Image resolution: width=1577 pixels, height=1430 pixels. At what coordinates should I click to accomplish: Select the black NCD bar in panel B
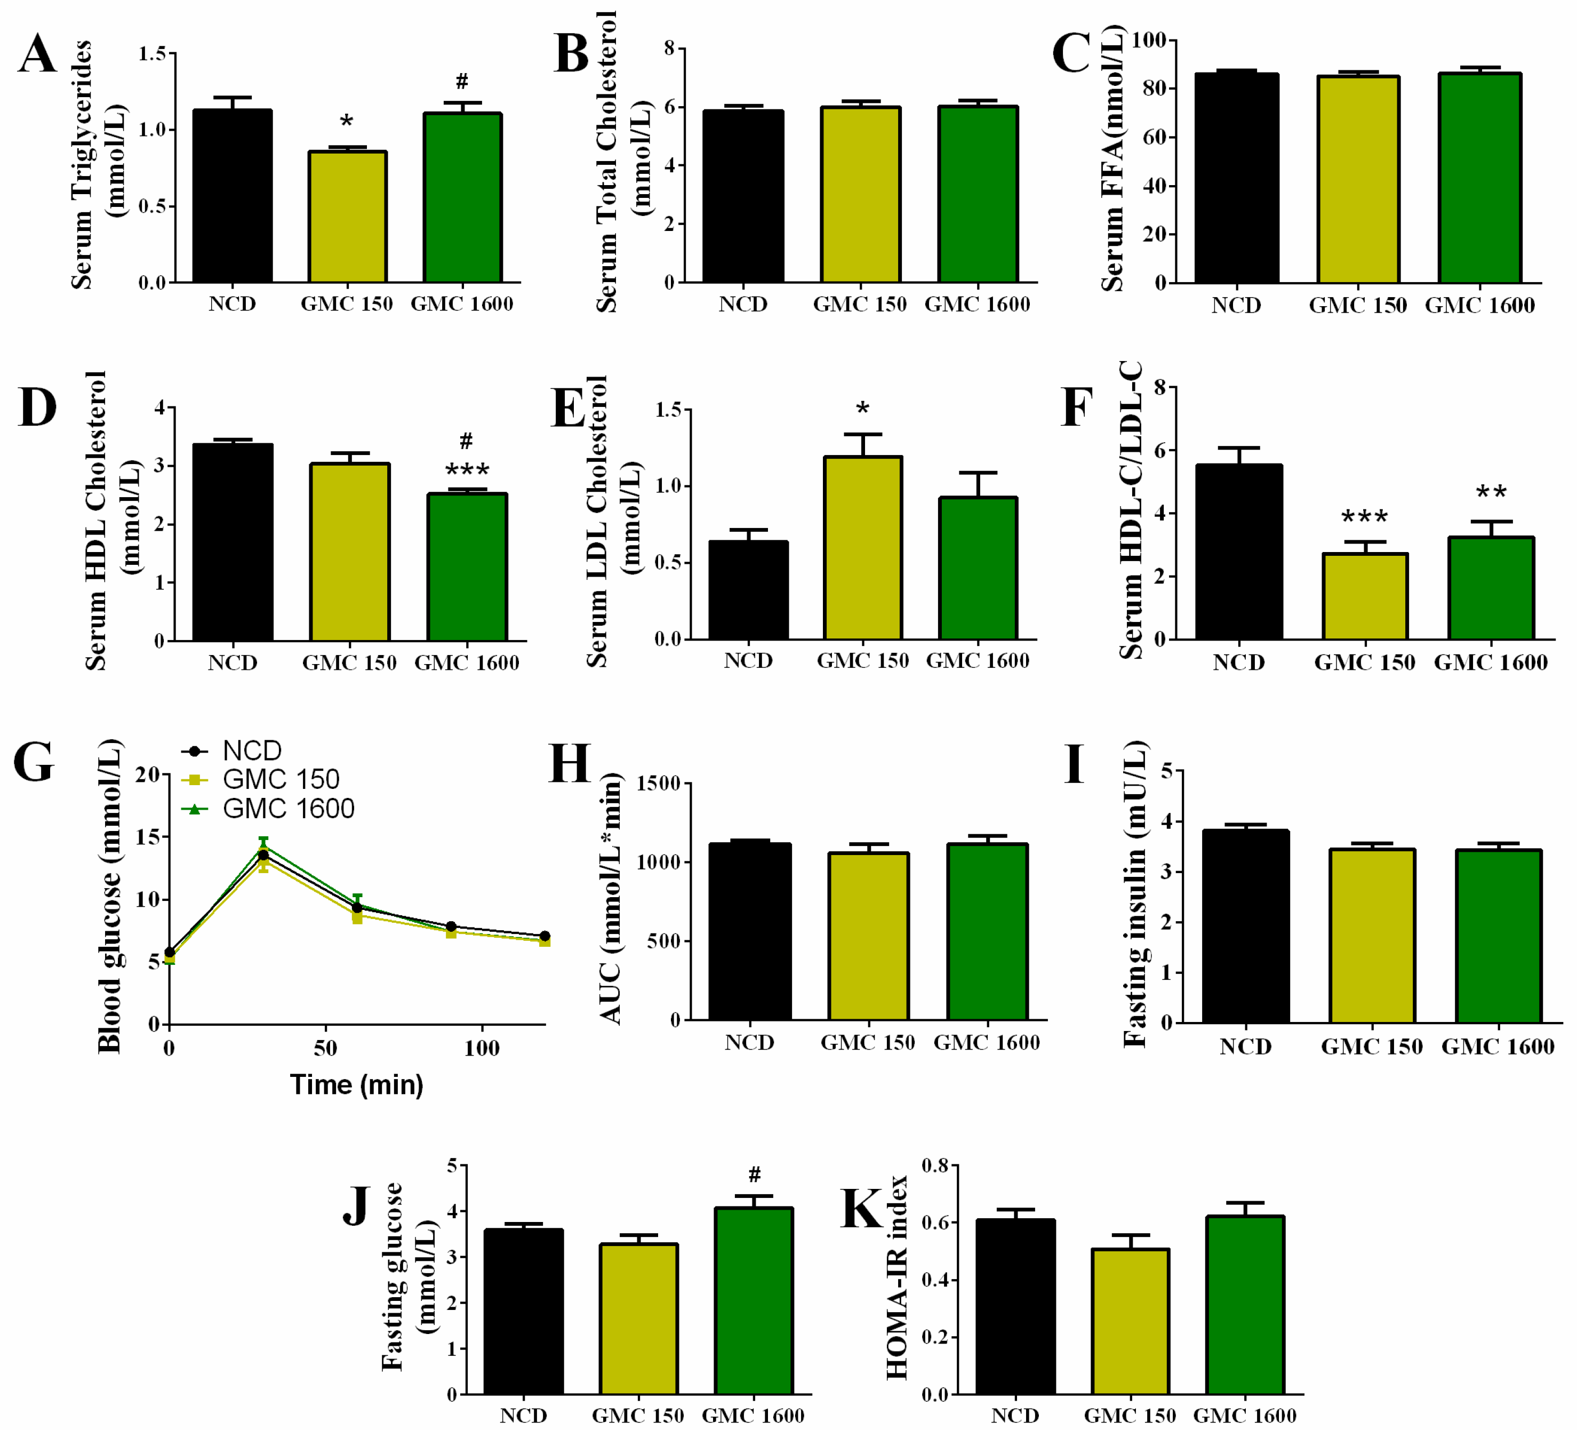click(x=742, y=196)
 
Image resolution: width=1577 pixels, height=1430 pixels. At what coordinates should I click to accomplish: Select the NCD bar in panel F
click(x=1238, y=552)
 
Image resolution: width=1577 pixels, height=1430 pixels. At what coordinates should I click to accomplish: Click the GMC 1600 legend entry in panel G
click(x=288, y=808)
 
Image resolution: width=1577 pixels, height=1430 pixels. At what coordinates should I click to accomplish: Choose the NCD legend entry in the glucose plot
click(x=251, y=750)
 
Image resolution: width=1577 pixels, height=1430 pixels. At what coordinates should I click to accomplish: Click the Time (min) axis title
click(x=357, y=1084)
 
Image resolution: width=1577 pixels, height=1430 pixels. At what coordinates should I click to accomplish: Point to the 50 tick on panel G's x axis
click(x=325, y=1048)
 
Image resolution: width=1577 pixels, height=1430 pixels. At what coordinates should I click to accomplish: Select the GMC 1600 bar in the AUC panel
click(x=987, y=931)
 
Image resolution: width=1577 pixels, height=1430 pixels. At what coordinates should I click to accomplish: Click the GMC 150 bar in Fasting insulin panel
click(x=1371, y=936)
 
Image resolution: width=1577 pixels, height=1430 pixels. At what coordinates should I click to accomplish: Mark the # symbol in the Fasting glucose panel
click(x=754, y=1174)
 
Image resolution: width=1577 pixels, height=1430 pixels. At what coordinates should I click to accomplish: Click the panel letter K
click(x=860, y=1209)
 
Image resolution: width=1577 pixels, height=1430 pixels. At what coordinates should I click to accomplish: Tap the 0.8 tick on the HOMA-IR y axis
click(x=935, y=1165)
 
